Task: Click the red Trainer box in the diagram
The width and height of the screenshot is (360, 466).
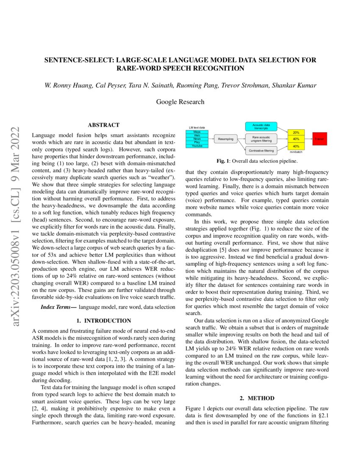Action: [x=320, y=139]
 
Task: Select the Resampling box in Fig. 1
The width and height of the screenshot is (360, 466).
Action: [x=226, y=139]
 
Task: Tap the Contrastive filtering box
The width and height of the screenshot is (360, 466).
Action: [x=261, y=150]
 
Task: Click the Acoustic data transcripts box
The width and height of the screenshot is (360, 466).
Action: [x=261, y=126]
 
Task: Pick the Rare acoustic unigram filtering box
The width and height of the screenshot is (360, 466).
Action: [x=261, y=138]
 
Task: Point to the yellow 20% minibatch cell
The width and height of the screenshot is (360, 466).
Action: [x=296, y=133]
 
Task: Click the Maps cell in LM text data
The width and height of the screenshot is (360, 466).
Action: [x=197, y=132]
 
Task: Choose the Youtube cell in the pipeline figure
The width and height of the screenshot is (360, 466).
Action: [x=197, y=145]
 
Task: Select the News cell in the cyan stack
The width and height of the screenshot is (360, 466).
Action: [x=197, y=139]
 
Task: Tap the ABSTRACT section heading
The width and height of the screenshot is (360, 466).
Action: [x=103, y=125]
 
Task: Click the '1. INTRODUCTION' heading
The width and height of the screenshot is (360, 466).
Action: [x=103, y=320]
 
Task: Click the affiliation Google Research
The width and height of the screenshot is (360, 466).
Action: [x=180, y=102]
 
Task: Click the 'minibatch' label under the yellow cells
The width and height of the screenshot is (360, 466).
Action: [x=296, y=151]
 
